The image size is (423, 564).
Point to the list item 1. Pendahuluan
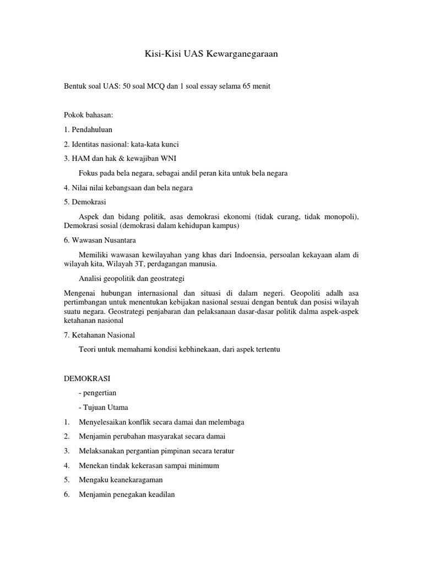click(88, 129)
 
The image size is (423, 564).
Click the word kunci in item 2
click(169, 144)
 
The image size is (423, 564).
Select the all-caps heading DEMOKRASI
click(88, 379)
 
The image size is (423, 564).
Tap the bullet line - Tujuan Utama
click(104, 408)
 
